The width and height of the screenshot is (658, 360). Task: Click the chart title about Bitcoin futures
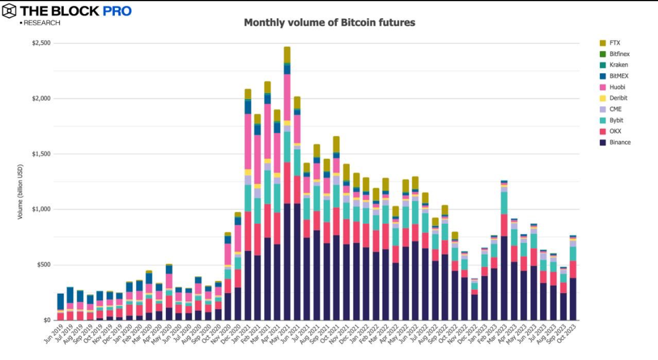point(329,23)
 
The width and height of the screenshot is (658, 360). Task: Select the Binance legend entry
point(619,142)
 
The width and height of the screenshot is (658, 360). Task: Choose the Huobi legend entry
point(617,87)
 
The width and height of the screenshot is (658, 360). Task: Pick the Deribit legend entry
point(618,99)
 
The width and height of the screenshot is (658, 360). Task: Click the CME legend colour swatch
point(602,110)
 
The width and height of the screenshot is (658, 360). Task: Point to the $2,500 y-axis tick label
point(41,43)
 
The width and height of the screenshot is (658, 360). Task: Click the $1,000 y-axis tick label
point(41,209)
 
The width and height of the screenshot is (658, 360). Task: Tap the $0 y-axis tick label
point(46,320)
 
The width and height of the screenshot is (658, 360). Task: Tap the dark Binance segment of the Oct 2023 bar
point(572,299)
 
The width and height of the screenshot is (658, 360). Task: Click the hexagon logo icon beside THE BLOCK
point(9,11)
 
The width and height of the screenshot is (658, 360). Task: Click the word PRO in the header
point(118,11)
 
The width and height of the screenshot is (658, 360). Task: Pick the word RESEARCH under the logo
point(42,23)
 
